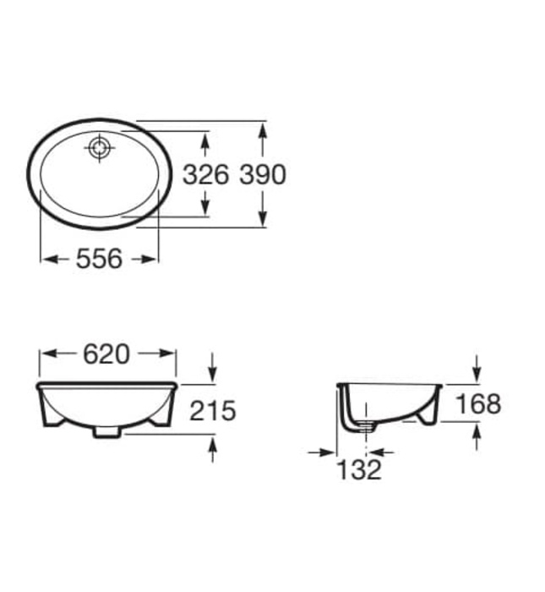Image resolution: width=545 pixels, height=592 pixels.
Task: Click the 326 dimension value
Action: [x=205, y=174]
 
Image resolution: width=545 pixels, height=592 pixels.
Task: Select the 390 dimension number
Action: [x=263, y=174]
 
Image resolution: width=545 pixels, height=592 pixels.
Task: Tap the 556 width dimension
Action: [x=100, y=259]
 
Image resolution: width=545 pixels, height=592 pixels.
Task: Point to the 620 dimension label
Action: [x=106, y=354]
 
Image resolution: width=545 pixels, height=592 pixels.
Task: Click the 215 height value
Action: [x=212, y=411]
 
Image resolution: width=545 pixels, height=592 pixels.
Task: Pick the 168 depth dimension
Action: [x=478, y=403]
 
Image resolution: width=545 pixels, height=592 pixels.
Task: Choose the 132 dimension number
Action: [x=360, y=469]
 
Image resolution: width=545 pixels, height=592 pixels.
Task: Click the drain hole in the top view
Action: [x=101, y=148]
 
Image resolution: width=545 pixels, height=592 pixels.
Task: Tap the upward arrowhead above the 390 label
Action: [x=264, y=131]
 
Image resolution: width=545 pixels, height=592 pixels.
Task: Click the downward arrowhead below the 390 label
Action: [x=264, y=218]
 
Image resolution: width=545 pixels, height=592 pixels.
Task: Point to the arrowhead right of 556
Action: [x=151, y=259]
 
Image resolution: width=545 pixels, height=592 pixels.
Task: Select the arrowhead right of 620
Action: [x=169, y=354]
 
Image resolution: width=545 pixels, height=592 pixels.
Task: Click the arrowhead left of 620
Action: [x=46, y=354]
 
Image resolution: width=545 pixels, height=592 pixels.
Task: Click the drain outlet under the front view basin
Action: [x=107, y=431]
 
